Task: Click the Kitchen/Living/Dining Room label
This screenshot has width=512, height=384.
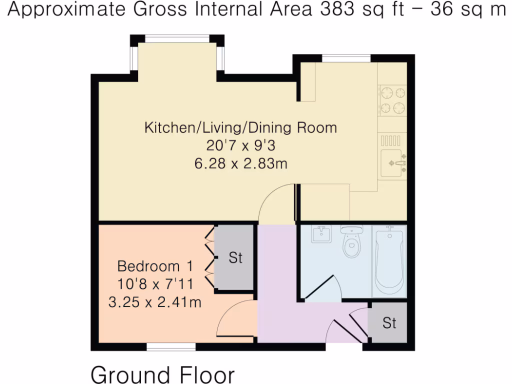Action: click(240, 127)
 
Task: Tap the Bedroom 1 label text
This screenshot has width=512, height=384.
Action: click(155, 266)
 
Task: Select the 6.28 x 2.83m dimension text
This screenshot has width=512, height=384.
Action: click(240, 163)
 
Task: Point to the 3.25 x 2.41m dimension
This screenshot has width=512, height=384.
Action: click(155, 302)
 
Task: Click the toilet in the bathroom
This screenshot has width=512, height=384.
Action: click(351, 241)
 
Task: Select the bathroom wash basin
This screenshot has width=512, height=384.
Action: click(321, 233)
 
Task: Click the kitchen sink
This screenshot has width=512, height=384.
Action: click(393, 163)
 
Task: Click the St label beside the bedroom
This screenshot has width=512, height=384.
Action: click(235, 258)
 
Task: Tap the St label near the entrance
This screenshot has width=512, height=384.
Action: click(389, 323)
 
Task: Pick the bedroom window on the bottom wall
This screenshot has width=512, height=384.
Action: click(171, 347)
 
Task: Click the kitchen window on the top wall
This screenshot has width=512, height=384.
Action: click(346, 58)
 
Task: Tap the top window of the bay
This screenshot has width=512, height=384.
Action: click(177, 38)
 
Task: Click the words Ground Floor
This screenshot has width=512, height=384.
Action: click(162, 374)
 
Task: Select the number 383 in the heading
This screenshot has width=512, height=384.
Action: click(337, 9)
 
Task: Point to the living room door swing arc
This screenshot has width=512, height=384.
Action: click(272, 199)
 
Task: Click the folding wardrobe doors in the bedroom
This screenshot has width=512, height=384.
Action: click(209, 257)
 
